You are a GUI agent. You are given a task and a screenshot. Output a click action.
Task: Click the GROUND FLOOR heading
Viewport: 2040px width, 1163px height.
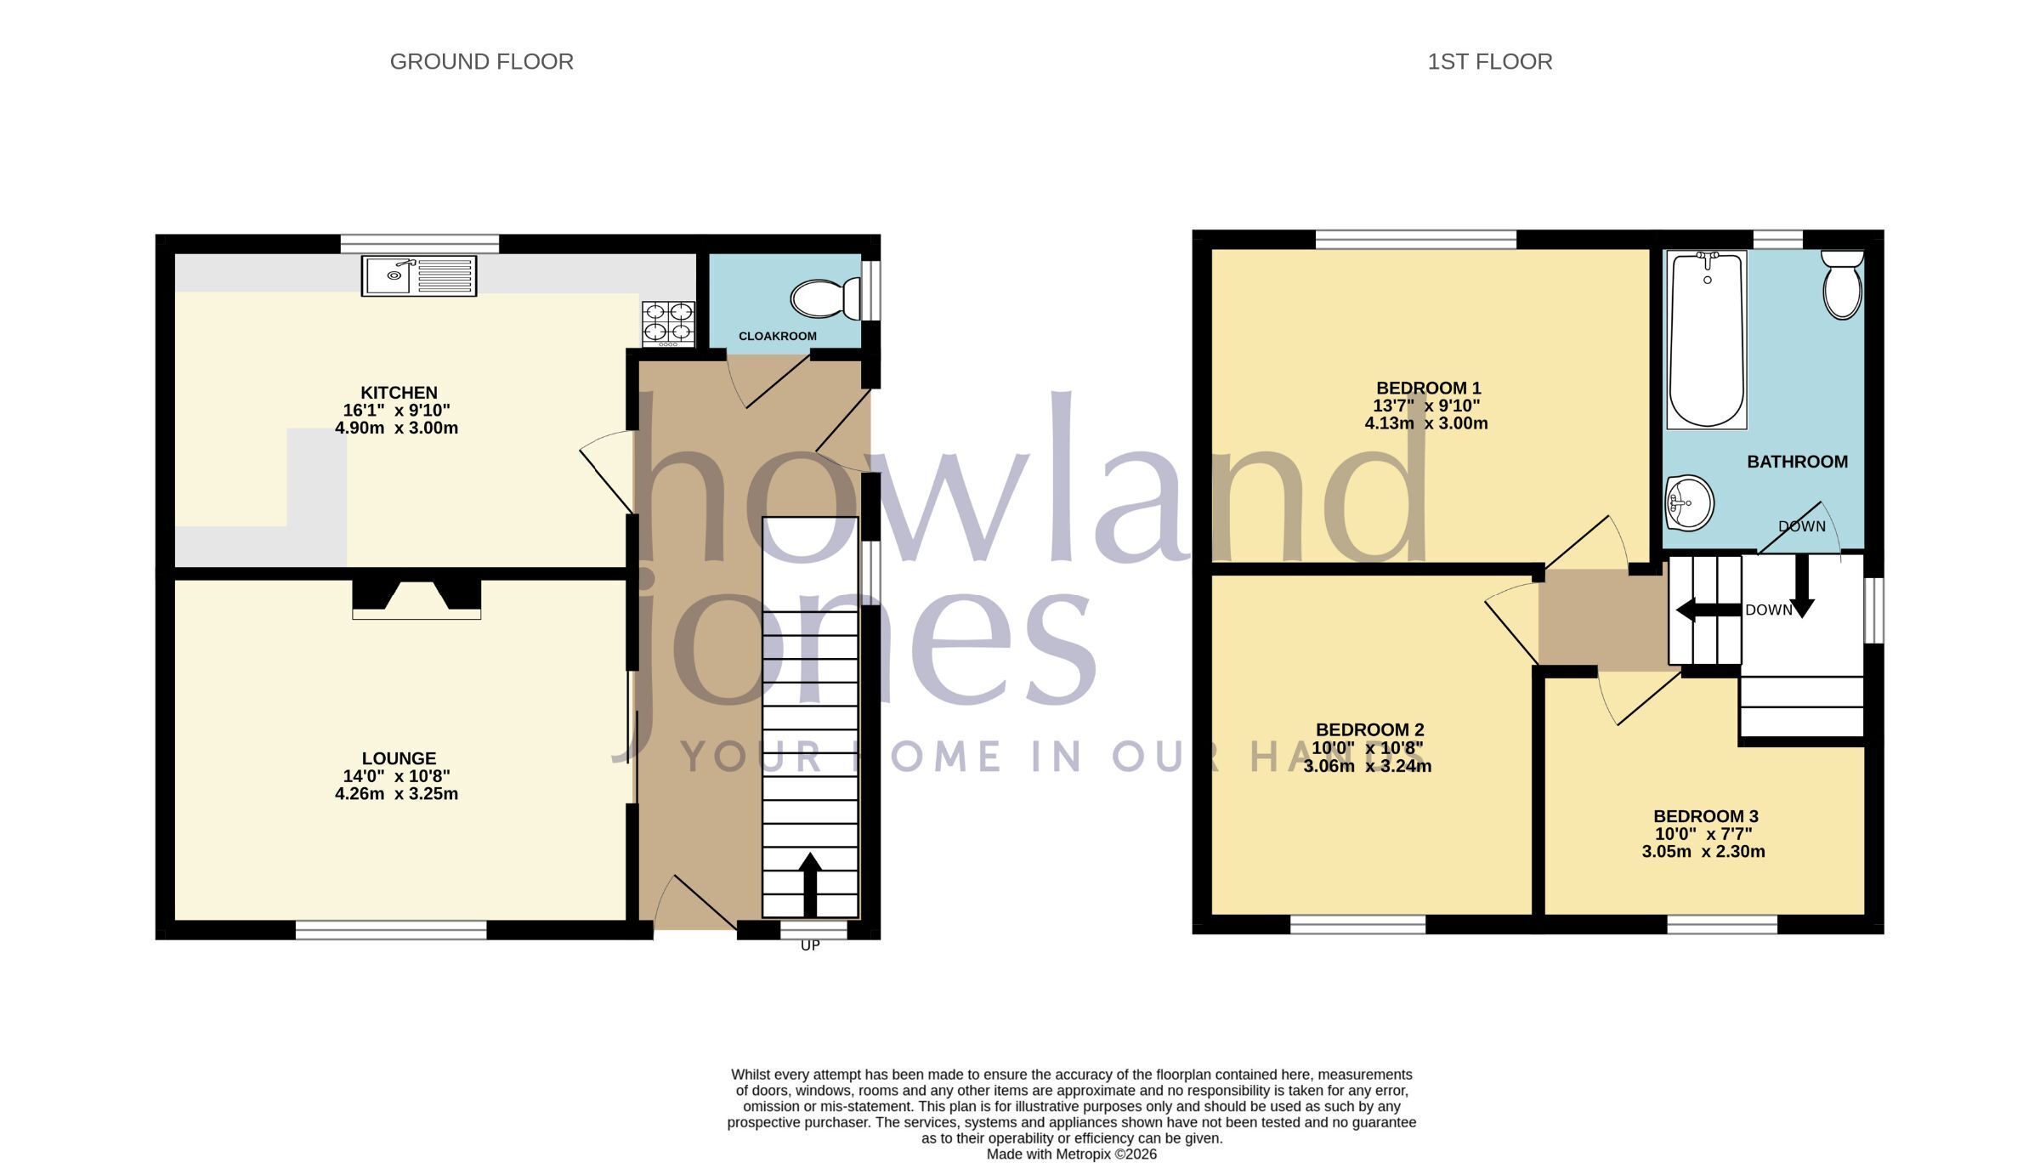481,62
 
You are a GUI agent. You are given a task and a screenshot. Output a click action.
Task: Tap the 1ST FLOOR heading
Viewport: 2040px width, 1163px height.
1489,62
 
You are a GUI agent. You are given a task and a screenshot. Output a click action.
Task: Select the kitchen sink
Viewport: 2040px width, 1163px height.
419,276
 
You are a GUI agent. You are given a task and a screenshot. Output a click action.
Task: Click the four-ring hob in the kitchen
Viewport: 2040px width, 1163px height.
668,324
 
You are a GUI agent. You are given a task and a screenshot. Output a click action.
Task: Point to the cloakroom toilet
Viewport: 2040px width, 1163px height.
825,298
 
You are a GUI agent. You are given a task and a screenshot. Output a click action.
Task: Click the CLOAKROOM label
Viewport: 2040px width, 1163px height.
777,337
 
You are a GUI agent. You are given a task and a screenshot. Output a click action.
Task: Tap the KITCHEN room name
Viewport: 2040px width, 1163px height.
399,393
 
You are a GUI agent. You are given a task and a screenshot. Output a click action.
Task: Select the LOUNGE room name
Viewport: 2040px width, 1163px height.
399,758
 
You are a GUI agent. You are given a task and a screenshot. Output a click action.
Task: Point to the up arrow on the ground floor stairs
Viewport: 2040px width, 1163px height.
810,884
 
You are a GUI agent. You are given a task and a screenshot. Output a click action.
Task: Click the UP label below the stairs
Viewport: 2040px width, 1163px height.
810,945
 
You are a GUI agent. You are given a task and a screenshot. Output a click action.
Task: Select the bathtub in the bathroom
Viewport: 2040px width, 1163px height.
1707,339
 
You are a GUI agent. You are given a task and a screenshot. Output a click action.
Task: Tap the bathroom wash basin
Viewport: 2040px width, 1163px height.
1689,502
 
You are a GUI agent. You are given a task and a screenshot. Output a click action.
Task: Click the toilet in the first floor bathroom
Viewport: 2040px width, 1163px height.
1842,284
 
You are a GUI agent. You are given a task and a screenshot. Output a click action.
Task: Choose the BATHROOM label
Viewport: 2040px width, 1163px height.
1797,462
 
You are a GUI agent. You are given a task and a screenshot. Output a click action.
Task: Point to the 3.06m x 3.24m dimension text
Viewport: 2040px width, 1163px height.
1368,766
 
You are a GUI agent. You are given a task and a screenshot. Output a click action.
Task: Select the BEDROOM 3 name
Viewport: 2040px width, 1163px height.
1704,816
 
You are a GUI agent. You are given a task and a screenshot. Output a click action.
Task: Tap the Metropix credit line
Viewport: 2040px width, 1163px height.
1071,1154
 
